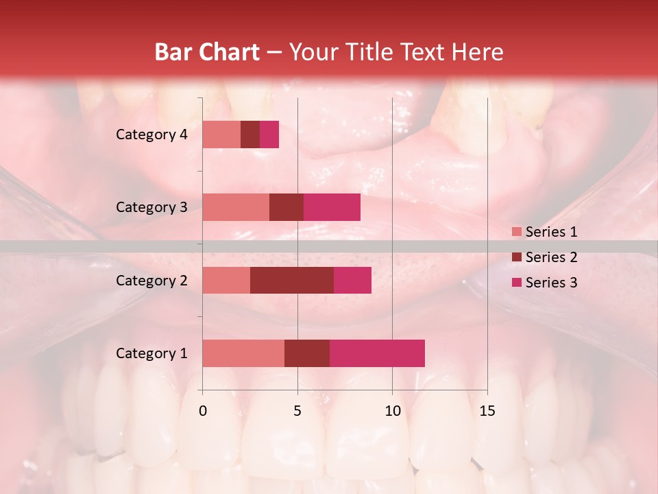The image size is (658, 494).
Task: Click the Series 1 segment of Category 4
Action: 221,134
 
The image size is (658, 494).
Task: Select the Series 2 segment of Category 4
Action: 250,134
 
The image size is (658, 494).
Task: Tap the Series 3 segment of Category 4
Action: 269,134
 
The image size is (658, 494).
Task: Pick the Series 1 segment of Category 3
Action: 236,207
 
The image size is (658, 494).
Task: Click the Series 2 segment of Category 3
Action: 287,207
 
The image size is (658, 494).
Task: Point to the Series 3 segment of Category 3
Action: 332,207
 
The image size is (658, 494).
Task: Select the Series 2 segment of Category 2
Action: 292,280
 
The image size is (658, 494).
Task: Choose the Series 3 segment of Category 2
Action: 352,280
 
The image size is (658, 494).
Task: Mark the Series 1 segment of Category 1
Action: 243,353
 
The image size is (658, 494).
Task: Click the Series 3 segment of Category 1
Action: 377,353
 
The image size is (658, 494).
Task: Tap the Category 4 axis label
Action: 151,134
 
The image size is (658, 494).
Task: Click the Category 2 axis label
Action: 151,280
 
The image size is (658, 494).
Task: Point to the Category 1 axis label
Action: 151,353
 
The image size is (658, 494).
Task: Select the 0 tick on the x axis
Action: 203,411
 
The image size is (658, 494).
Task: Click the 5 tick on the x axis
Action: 297,411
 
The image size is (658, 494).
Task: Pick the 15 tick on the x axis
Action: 487,411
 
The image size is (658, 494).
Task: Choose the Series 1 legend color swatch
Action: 516,232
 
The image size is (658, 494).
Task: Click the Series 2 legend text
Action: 551,257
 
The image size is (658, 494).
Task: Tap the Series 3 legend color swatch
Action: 516,283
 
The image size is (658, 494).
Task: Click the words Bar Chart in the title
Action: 207,51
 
